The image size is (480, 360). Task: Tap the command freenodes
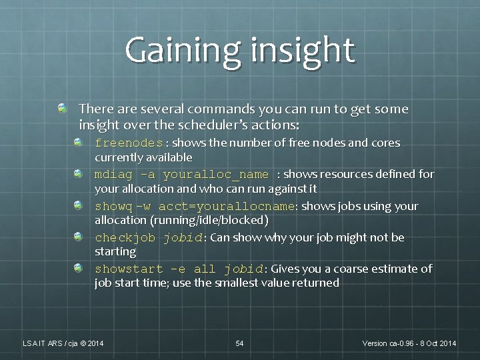(x=129, y=143)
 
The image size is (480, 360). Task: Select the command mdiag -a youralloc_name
(x=182, y=175)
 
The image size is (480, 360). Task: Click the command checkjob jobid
(x=150, y=238)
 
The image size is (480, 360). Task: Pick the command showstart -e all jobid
(x=179, y=269)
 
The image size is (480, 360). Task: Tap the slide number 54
(x=239, y=343)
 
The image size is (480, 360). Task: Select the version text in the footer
(x=409, y=343)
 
